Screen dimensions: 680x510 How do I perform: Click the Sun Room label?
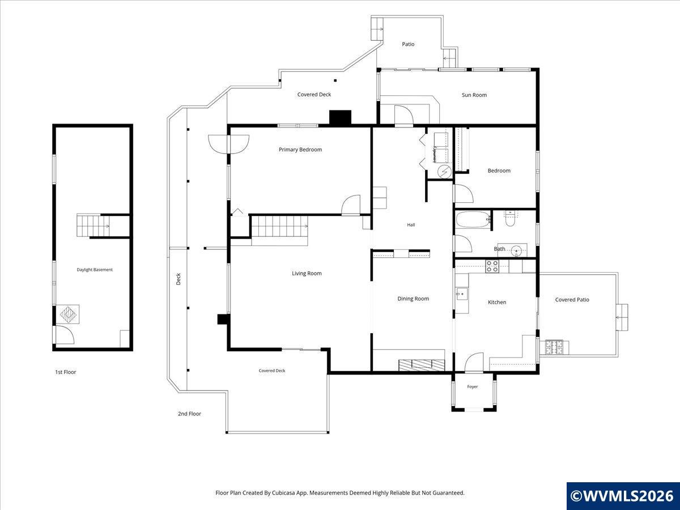click(474, 95)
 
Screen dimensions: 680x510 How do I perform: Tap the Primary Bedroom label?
click(300, 150)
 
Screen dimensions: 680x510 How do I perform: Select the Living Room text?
click(307, 273)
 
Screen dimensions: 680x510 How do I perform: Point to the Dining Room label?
click(413, 299)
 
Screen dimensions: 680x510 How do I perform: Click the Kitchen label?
click(497, 302)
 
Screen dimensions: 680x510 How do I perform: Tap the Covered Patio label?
click(572, 299)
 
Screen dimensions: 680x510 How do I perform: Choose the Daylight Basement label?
click(95, 270)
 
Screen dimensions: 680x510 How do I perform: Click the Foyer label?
click(473, 386)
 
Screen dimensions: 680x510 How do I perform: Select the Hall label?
click(411, 225)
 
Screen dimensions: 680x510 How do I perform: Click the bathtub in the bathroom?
click(473, 219)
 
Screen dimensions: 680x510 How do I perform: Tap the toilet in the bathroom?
click(509, 219)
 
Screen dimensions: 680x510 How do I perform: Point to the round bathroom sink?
click(517, 250)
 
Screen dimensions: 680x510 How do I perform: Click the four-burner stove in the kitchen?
click(492, 266)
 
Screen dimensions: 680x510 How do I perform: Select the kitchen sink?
click(462, 294)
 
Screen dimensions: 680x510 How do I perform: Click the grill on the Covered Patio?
click(554, 347)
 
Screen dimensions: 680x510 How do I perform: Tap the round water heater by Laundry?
click(445, 172)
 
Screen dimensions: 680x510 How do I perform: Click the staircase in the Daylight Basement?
click(93, 226)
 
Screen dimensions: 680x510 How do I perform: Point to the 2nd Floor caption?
click(189, 414)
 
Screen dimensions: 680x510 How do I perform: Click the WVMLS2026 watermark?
click(623, 495)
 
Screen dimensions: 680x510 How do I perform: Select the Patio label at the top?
click(408, 44)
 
